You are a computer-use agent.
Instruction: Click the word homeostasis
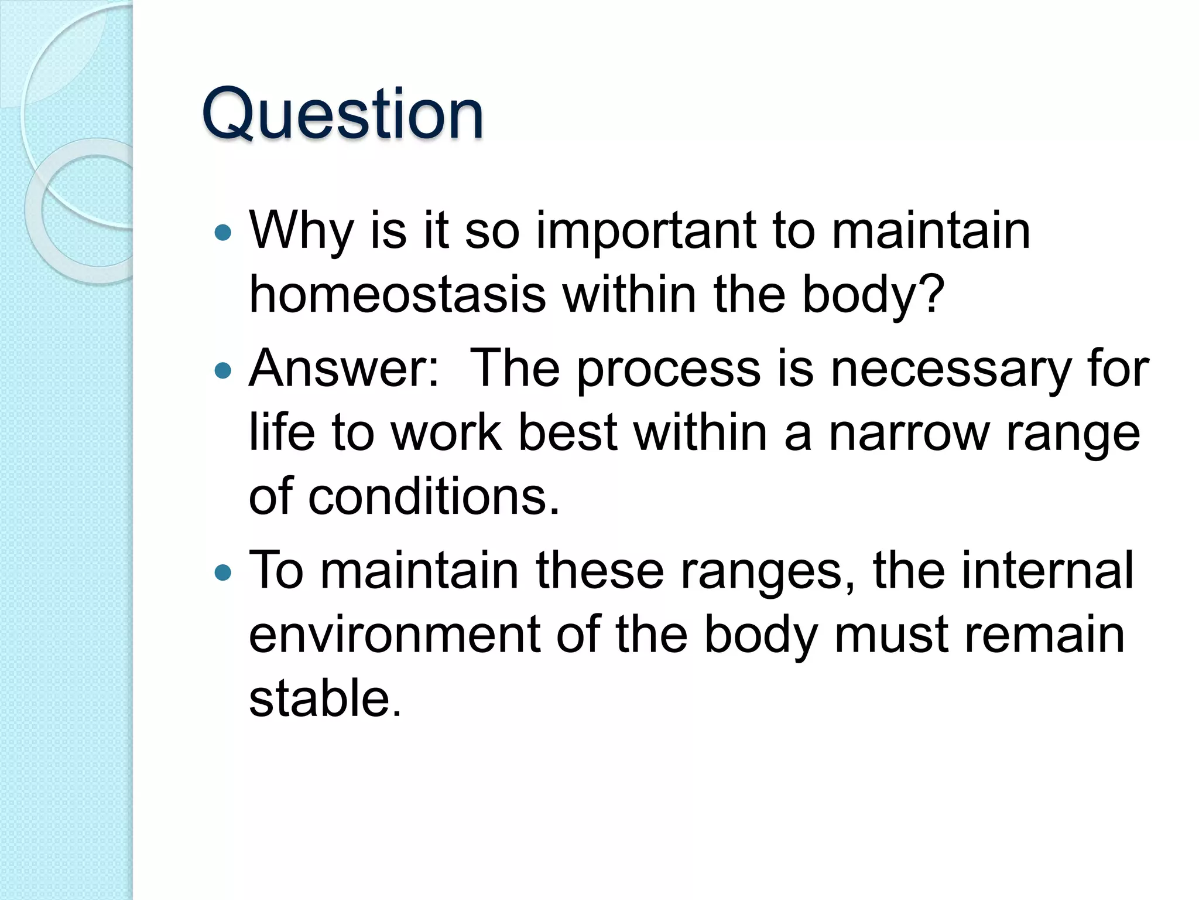click(x=398, y=295)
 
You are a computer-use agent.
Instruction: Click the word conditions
click(x=433, y=497)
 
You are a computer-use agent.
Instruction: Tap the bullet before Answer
click(x=223, y=370)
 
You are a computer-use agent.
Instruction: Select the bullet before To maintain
click(x=223, y=572)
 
